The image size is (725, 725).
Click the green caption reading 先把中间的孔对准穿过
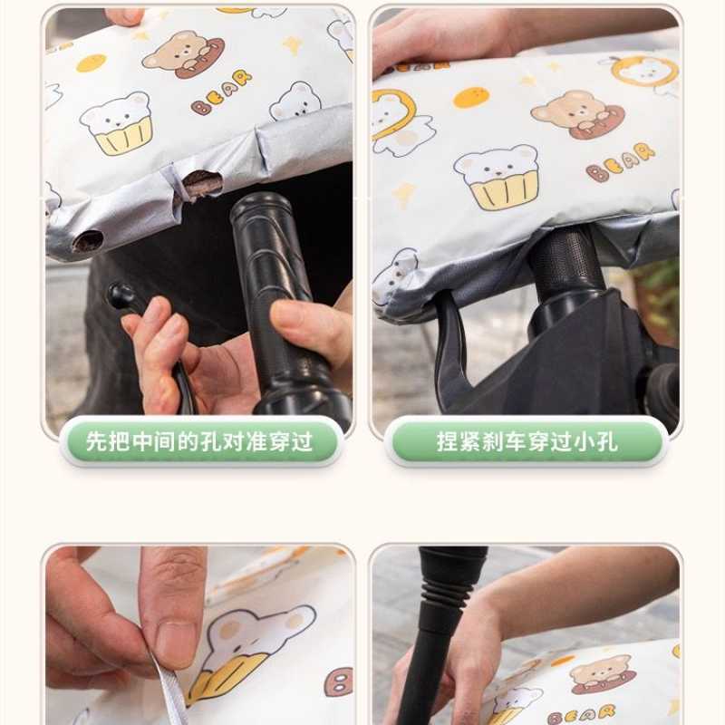(x=199, y=441)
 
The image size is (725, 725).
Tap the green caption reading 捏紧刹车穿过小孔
(x=527, y=441)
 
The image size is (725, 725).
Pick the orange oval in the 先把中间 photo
(x=91, y=63)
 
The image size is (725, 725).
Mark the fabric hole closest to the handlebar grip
(x=201, y=181)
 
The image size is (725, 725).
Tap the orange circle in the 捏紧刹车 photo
(x=470, y=97)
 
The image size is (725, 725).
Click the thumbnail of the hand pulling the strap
(x=199, y=634)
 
